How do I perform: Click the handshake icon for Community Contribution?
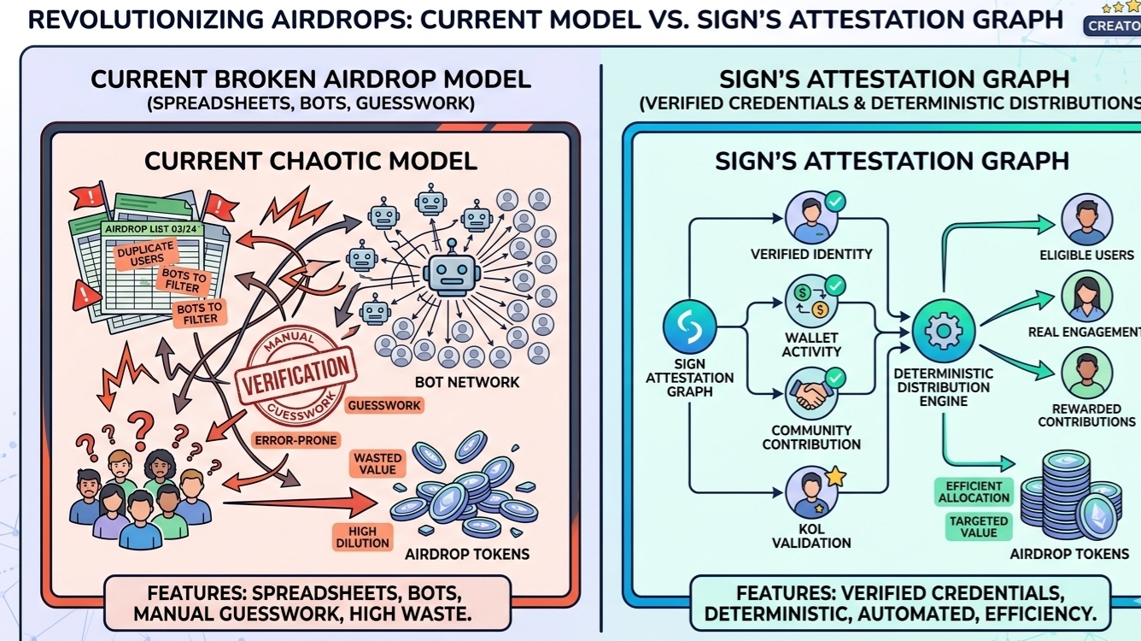coord(810,393)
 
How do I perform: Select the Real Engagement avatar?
coord(1086,296)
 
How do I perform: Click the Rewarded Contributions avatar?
coord(1086,373)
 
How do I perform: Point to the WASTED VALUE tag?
coord(377,464)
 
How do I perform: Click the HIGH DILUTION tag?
coord(362,537)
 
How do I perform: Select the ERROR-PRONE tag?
coord(295,440)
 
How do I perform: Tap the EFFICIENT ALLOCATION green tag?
coord(974,491)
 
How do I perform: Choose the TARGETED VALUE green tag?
coord(979,526)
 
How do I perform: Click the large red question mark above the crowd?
coord(142,425)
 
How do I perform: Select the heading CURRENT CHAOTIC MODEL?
coord(311,161)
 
